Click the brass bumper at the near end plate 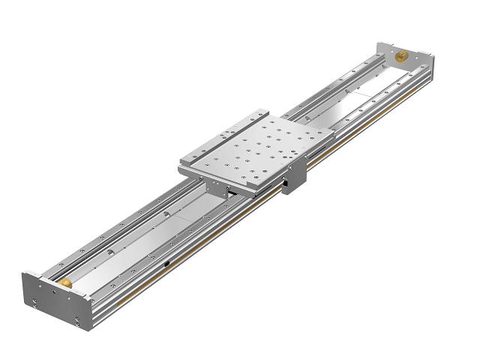click(x=67, y=282)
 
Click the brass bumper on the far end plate click(x=401, y=55)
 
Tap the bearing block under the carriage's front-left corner click(x=217, y=192)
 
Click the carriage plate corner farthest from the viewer click(x=267, y=109)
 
